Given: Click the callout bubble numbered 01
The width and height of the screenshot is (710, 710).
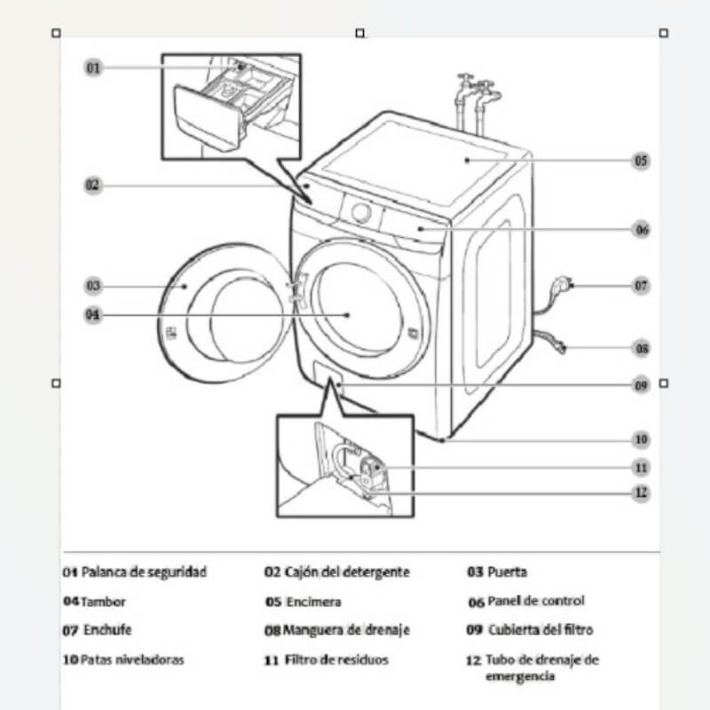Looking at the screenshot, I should click(93, 67).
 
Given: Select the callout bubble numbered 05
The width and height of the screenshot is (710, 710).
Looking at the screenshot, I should click(640, 161).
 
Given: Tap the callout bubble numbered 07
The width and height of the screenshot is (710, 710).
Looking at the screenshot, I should click(641, 286).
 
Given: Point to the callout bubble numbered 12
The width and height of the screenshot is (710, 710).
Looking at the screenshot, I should click(641, 493).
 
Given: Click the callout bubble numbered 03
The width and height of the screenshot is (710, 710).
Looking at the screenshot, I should click(93, 286).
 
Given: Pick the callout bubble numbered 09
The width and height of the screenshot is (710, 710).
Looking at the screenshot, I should click(641, 385).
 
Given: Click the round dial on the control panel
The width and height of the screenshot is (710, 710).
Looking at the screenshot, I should click(360, 211).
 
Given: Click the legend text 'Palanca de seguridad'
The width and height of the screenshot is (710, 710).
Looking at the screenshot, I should click(144, 572).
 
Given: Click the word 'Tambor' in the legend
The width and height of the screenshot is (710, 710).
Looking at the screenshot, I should click(103, 602).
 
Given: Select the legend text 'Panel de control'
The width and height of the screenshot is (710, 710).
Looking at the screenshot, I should click(536, 602).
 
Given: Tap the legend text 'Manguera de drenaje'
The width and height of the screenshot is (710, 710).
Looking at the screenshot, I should click(346, 631).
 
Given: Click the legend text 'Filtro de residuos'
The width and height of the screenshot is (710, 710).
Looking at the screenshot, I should click(337, 660).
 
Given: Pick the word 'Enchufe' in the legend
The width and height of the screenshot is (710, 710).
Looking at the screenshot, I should click(107, 631).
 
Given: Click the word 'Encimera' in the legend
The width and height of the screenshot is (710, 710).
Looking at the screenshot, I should click(313, 602).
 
